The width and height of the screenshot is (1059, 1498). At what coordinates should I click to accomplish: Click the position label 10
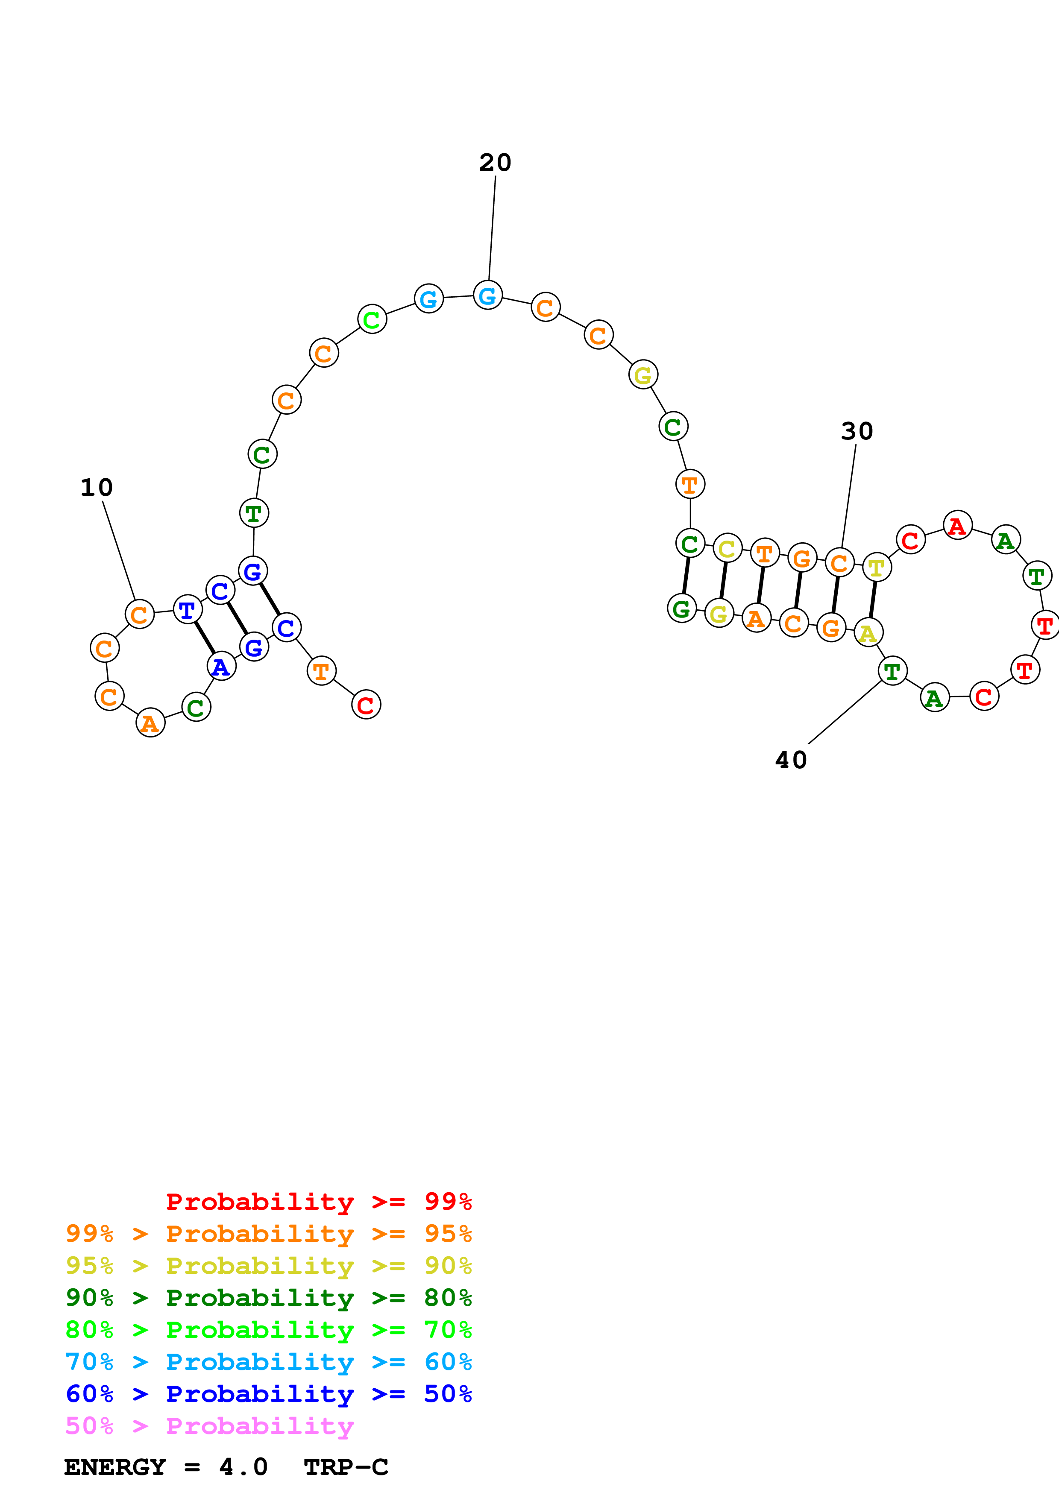tap(97, 487)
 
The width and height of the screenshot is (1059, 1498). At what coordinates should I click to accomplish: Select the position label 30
tap(857, 431)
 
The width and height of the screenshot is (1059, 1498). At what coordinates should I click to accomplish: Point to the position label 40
tap(791, 760)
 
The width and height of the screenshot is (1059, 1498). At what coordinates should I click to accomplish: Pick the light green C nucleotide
tap(372, 319)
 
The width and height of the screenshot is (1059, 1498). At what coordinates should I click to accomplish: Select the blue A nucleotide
tap(221, 666)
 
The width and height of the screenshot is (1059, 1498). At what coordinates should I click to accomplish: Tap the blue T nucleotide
tap(187, 609)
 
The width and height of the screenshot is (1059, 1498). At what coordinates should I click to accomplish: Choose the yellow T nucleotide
tap(876, 568)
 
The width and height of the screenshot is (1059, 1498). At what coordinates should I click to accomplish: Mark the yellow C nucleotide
tap(727, 549)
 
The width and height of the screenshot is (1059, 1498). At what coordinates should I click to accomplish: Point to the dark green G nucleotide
tap(682, 608)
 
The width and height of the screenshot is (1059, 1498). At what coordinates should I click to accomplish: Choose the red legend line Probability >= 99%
tap(318, 1202)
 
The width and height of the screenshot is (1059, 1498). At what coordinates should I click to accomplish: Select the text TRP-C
tap(346, 1467)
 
